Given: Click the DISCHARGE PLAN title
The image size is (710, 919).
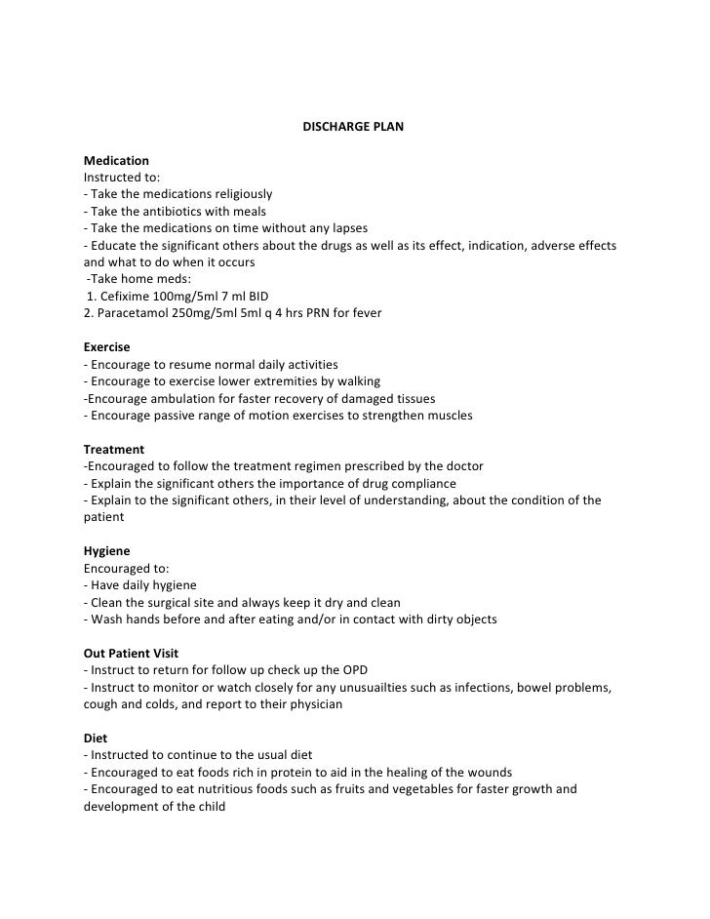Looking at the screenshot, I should [354, 127].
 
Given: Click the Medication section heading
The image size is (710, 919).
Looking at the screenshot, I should [117, 160].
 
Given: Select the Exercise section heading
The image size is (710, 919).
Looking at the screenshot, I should [107, 346].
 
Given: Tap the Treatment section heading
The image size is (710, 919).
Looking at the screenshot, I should [114, 449].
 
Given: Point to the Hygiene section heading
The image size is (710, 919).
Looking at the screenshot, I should [107, 551].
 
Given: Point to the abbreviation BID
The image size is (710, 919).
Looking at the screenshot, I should [258, 296].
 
